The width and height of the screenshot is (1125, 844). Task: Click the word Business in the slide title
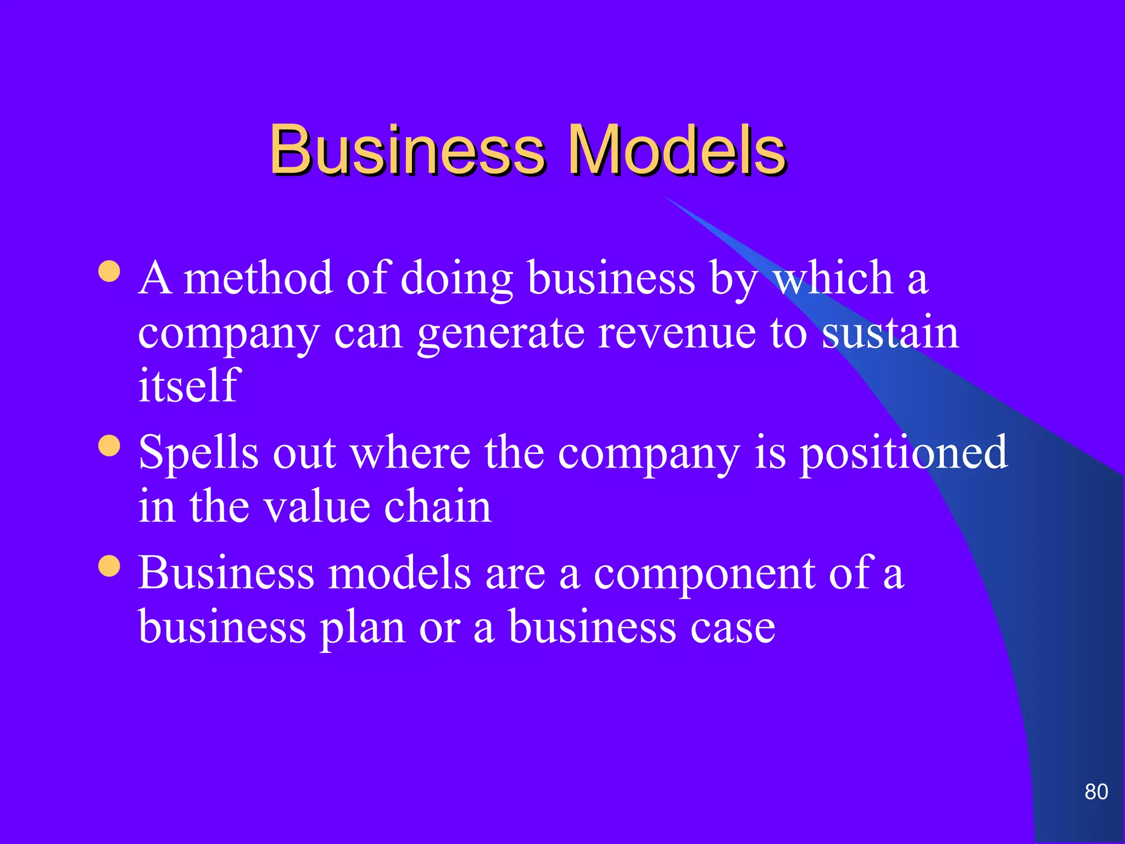point(407,149)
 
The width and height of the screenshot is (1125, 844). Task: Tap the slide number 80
point(1096,792)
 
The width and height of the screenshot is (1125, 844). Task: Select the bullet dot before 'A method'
point(109,271)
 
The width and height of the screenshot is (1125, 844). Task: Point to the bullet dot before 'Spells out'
point(109,446)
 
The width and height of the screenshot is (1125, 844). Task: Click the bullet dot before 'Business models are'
point(109,566)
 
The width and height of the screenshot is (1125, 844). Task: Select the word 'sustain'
point(890,332)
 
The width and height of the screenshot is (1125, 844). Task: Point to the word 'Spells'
point(198,453)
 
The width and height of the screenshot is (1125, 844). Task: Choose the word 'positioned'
point(903,453)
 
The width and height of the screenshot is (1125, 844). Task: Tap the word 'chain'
point(437,506)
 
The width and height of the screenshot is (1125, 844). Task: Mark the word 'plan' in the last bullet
point(363,628)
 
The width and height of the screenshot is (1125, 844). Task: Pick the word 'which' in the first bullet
point(833,277)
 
